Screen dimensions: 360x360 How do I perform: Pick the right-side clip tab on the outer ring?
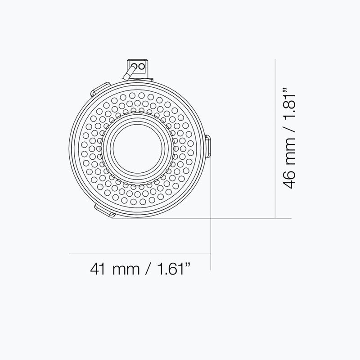point(209,147)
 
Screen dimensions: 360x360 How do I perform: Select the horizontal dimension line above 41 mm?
point(139,254)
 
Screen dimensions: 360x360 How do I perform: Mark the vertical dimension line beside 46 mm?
point(275,139)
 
